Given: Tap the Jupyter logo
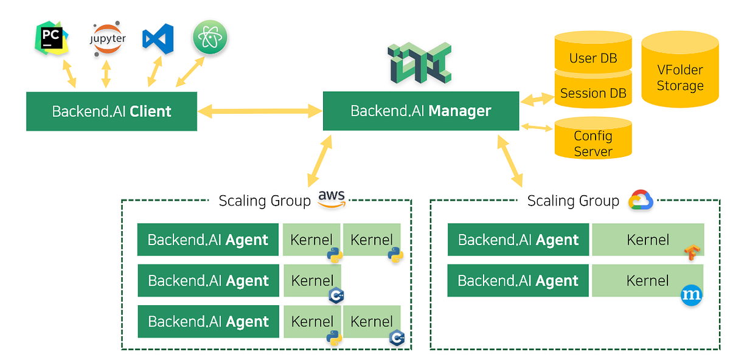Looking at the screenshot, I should [108, 39].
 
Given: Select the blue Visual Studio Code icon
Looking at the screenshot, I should [158, 38].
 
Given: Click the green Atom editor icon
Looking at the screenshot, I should [210, 36].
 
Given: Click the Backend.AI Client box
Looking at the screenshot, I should [111, 111].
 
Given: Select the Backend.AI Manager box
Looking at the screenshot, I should [420, 111].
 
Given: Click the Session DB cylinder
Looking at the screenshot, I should [593, 94].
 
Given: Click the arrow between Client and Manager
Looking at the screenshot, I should [260, 111].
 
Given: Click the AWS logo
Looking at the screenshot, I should [332, 199].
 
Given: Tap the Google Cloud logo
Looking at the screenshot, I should [641, 200].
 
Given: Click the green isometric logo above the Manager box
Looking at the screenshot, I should [420, 63].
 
